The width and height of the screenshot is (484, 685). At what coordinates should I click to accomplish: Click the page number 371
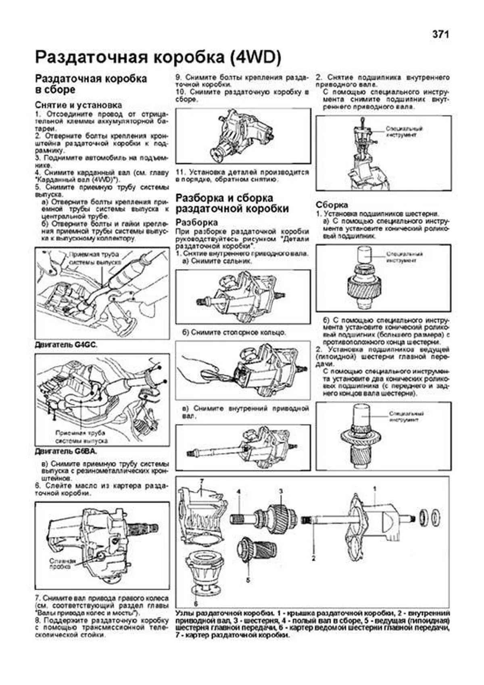tap(440, 35)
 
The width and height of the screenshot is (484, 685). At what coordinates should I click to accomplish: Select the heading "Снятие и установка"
tap(78, 105)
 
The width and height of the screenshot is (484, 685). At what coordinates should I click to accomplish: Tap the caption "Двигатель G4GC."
tap(66, 345)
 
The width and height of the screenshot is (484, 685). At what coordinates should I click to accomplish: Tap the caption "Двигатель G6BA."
tap(66, 451)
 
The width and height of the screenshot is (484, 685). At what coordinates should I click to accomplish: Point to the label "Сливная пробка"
tap(63, 564)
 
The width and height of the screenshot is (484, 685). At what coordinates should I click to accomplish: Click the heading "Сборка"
tap(332, 205)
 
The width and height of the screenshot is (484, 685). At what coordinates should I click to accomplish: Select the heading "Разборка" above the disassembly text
tap(196, 222)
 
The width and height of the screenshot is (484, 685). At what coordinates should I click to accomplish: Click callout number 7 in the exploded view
tap(202, 481)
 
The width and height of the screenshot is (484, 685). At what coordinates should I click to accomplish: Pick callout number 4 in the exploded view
tap(239, 492)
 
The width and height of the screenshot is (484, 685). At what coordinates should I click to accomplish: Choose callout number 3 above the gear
tap(281, 491)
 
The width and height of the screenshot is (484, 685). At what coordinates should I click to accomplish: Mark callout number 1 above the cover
tap(374, 489)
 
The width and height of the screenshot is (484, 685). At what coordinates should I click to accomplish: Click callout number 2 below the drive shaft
tap(313, 558)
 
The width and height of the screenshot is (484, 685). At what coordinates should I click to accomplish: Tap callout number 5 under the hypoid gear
tap(248, 580)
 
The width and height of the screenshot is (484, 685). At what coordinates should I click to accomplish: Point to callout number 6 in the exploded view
tap(196, 604)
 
